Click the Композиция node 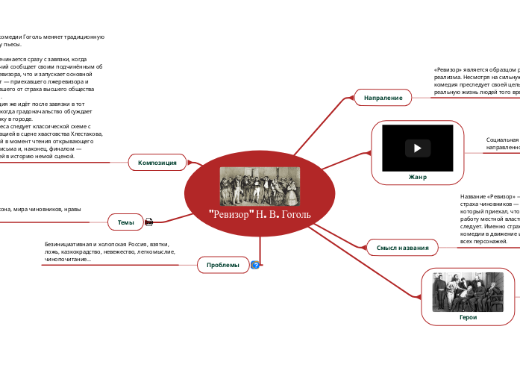click(157, 162)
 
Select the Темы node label click(125, 222)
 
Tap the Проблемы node click(222, 265)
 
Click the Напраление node click(383, 98)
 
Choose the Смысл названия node click(402, 247)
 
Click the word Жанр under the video click(418, 177)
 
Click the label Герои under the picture click(468, 317)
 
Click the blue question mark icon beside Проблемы click(255, 265)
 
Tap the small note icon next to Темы click(149, 222)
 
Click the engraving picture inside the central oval click(260, 186)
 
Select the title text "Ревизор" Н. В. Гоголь click(260, 216)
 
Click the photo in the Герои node click(468, 291)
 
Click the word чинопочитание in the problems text click(66, 260)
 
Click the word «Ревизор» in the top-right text click(447, 69)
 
